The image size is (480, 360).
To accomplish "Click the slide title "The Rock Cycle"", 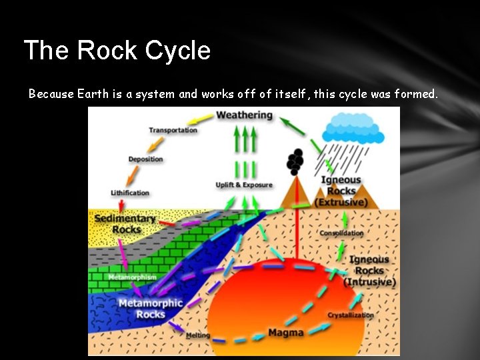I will (x=117, y=51).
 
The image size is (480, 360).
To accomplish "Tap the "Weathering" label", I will (x=245, y=115).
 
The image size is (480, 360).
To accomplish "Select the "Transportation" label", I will (x=173, y=130).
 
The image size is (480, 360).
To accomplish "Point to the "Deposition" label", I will (x=145, y=159).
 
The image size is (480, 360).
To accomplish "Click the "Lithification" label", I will (x=130, y=193).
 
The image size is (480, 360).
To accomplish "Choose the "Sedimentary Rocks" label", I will (x=125, y=223).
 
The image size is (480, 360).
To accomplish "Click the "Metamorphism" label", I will (x=132, y=277).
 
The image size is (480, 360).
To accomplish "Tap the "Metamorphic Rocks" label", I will (x=150, y=309).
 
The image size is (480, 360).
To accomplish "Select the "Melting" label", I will (x=198, y=335).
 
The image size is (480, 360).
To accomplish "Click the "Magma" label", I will (x=286, y=332).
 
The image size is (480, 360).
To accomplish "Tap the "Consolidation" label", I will (x=341, y=233).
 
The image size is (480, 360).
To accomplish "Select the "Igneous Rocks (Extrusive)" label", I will (x=341, y=191).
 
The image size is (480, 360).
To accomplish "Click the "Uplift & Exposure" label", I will (x=244, y=185).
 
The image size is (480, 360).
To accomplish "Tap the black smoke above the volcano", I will (x=295, y=161).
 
